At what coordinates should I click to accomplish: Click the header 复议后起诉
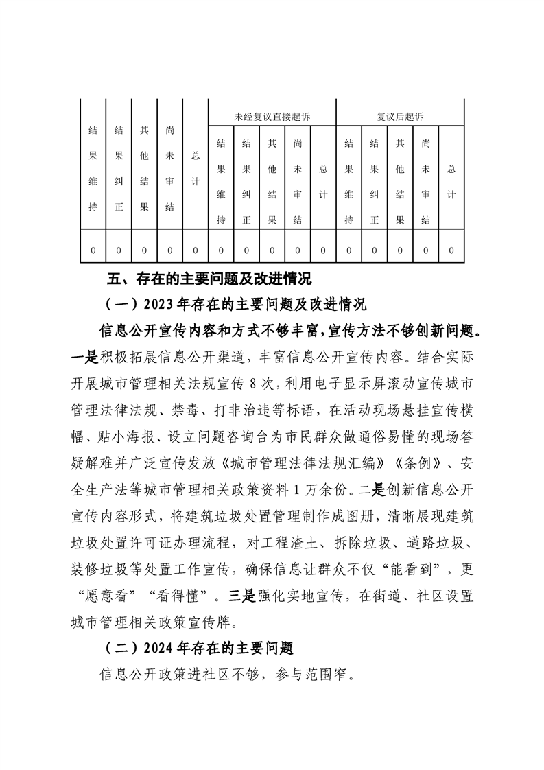pyautogui.click(x=400, y=117)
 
